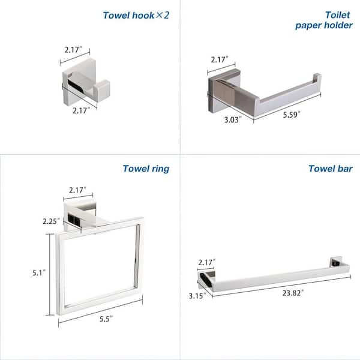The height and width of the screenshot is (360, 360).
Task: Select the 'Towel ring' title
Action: point(146,169)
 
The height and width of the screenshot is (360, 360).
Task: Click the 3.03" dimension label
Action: point(230,119)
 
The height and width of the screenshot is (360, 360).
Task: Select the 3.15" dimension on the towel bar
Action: point(196,295)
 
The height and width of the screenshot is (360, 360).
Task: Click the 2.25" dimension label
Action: point(51,221)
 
